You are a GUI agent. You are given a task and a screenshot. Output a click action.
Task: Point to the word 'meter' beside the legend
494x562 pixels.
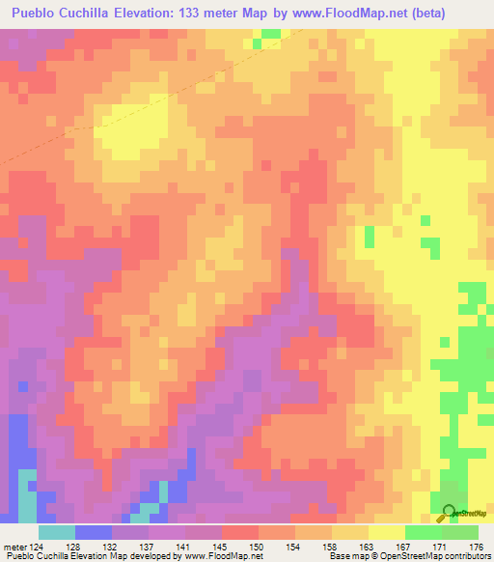pos(15,546)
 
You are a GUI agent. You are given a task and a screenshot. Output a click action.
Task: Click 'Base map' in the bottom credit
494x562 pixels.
pos(344,556)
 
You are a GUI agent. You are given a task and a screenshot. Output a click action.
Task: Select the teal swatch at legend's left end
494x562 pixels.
pos(56,532)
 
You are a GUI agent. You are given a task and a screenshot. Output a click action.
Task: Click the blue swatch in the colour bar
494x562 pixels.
pos(93,532)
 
